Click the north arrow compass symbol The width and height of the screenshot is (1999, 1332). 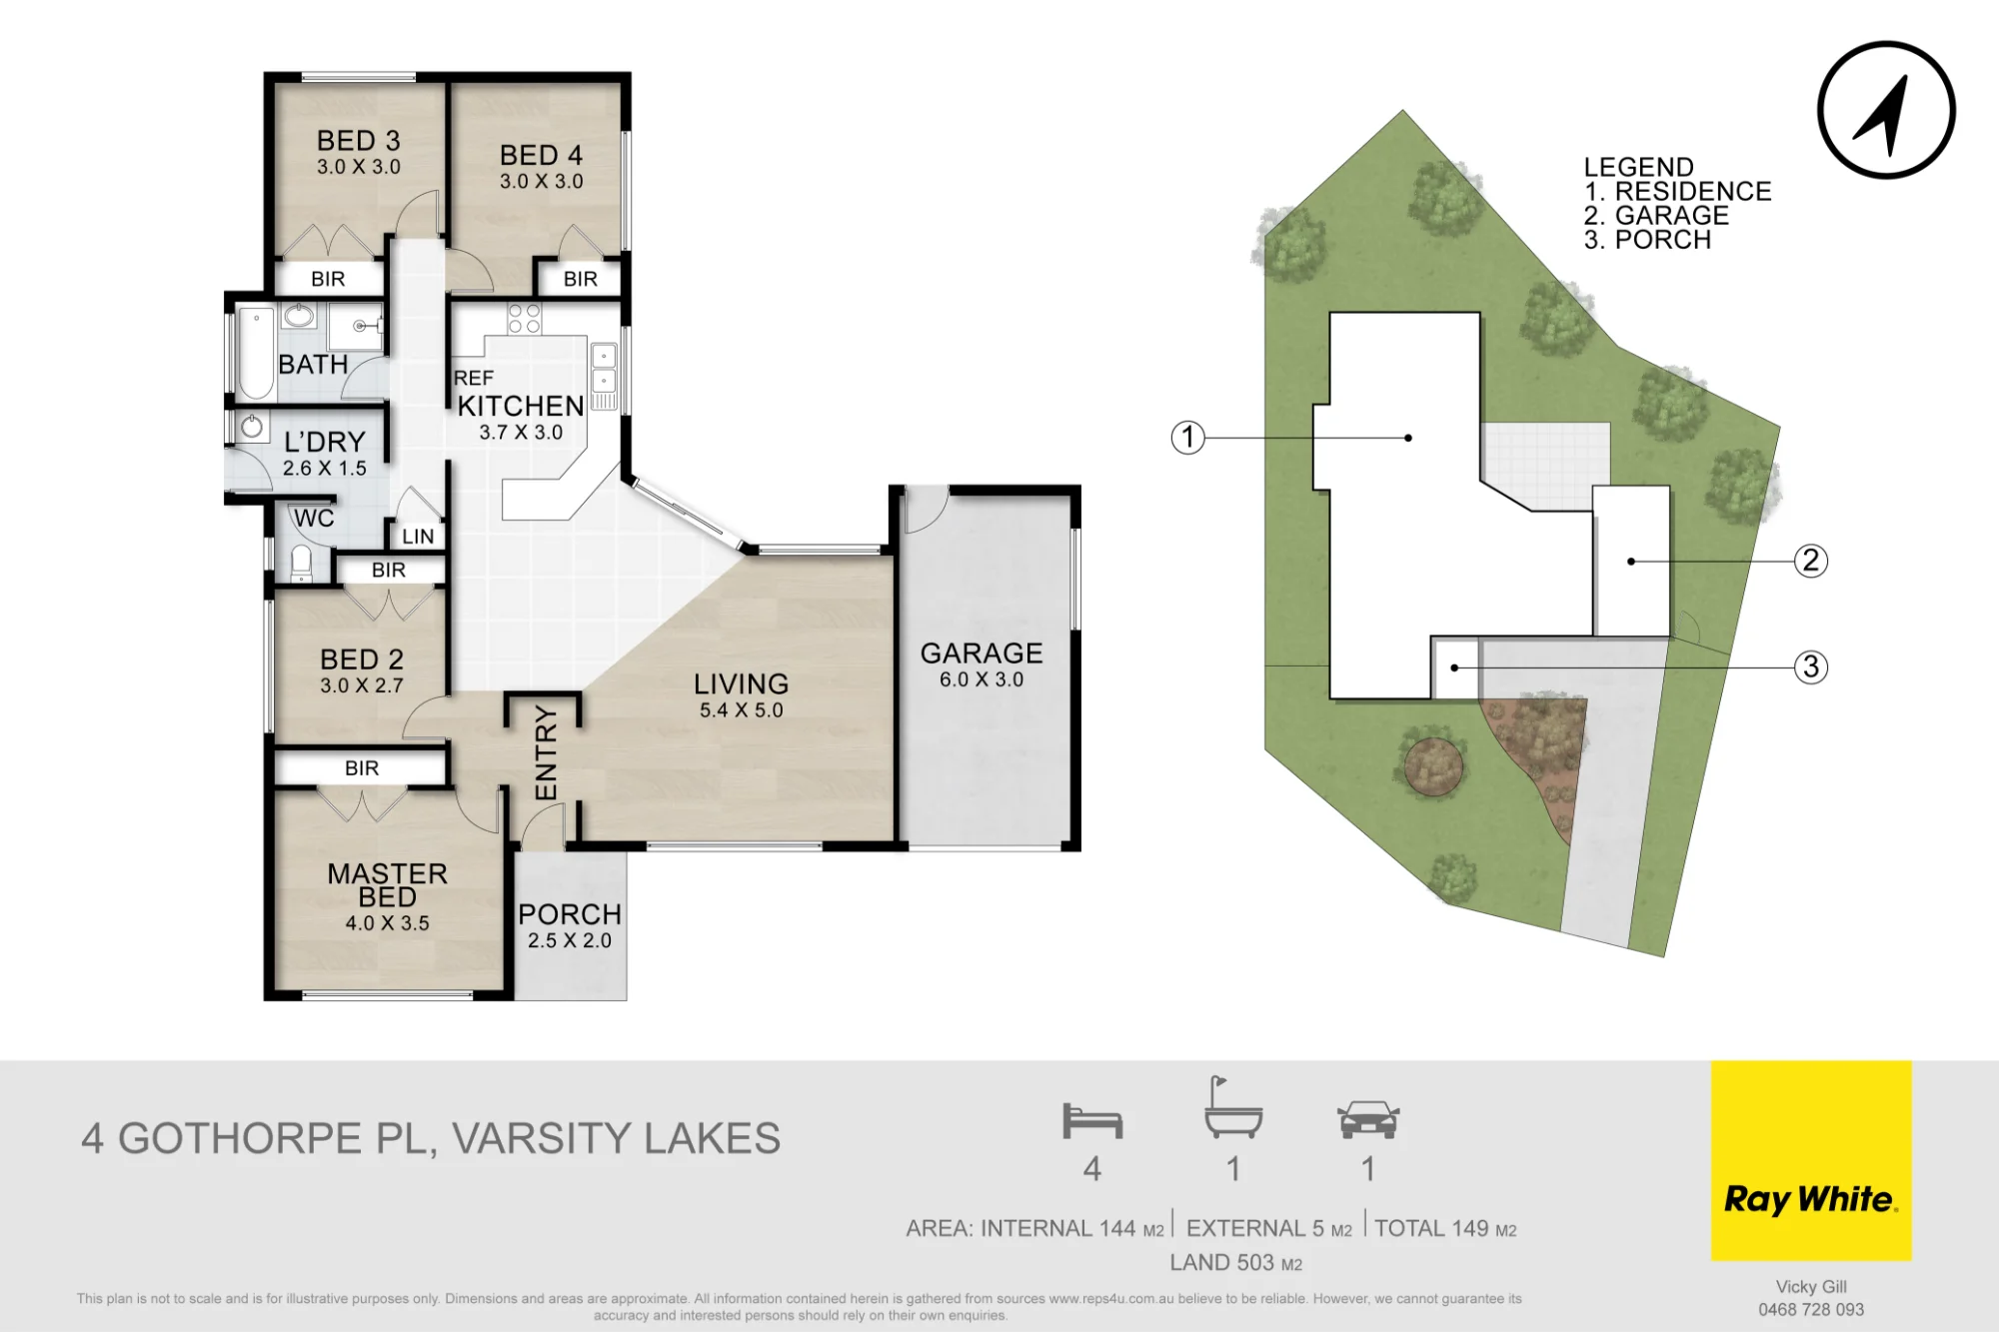pyautogui.click(x=1886, y=110)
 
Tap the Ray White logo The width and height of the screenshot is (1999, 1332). pyautogui.click(x=1811, y=1160)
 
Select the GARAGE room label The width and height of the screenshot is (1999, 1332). pyautogui.click(x=982, y=654)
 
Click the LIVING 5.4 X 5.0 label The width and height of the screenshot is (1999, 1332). pyautogui.click(x=742, y=695)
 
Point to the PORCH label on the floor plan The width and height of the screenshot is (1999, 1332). pyautogui.click(x=570, y=914)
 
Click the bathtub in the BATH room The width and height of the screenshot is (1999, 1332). pyautogui.click(x=257, y=355)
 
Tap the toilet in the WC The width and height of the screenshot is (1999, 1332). pyautogui.click(x=302, y=564)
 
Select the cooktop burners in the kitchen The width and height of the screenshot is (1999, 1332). pyautogui.click(x=524, y=318)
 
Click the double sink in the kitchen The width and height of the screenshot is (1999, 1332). pyautogui.click(x=604, y=368)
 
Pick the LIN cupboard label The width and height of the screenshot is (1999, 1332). pyautogui.click(x=418, y=537)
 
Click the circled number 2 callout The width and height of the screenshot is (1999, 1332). pyautogui.click(x=1811, y=561)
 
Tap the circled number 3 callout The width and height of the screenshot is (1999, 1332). pyautogui.click(x=1811, y=666)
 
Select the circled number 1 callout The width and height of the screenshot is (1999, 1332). pyautogui.click(x=1187, y=437)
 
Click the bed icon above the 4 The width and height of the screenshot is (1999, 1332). pyautogui.click(x=1092, y=1121)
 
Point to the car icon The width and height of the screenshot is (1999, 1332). pyautogui.click(x=1368, y=1119)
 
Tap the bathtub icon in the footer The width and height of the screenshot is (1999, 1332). pyautogui.click(x=1233, y=1107)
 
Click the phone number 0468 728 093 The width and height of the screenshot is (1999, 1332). pyautogui.click(x=1811, y=1309)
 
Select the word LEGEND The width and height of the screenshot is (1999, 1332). pyautogui.click(x=1639, y=167)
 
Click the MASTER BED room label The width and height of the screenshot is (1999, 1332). pyautogui.click(x=388, y=885)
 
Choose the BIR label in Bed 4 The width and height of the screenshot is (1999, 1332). pyautogui.click(x=581, y=279)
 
